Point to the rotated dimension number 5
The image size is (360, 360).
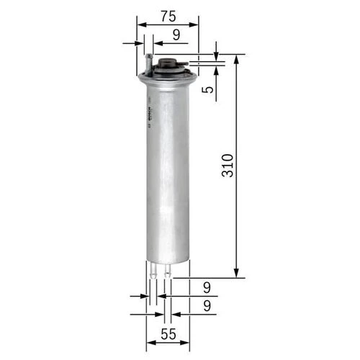point(207,90)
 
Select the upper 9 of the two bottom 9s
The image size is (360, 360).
point(207,287)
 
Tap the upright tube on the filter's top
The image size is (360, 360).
point(148,63)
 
